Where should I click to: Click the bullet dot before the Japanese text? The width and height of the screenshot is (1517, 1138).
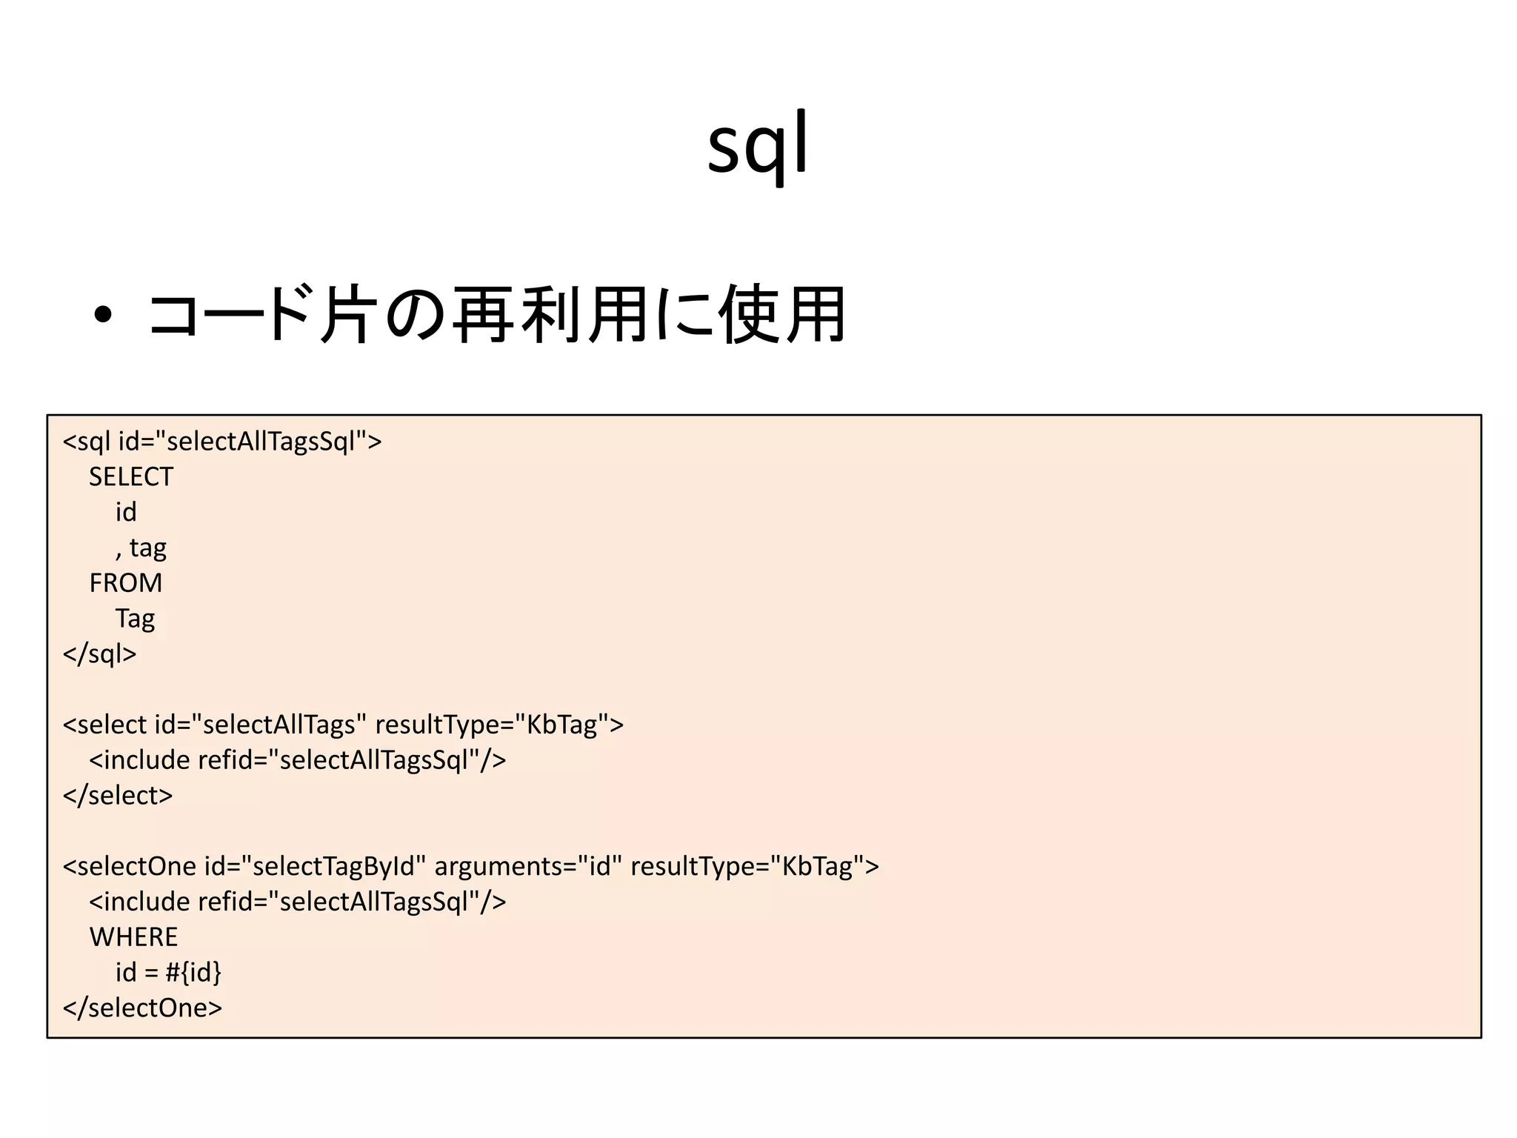coord(103,316)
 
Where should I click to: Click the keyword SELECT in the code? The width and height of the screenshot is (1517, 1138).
coord(131,476)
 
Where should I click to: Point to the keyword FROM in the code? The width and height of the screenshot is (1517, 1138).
coord(125,583)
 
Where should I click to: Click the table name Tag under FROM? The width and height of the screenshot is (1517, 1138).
coord(135,619)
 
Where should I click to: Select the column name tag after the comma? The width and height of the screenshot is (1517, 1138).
coord(147,548)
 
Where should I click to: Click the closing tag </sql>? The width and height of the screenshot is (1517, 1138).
coord(99,654)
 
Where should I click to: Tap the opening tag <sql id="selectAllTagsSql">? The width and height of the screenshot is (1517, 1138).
coord(222,442)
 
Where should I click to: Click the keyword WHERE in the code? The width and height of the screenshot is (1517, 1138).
coord(133,937)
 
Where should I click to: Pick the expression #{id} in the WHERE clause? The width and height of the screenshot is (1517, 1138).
coord(193,972)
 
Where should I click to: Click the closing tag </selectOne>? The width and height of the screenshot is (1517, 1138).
coord(142,1008)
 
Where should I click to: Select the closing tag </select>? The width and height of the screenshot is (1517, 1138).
coord(117,796)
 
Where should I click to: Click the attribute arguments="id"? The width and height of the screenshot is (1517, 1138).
coord(527,866)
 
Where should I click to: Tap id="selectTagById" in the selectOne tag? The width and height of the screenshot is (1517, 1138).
coord(315,866)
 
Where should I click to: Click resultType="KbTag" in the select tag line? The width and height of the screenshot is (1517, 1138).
coord(492,725)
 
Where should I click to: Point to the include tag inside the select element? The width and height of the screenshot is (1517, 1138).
coord(297,760)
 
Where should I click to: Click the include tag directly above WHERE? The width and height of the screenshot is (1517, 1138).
coord(297,902)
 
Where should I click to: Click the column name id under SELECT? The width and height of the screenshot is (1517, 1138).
coord(125,512)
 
